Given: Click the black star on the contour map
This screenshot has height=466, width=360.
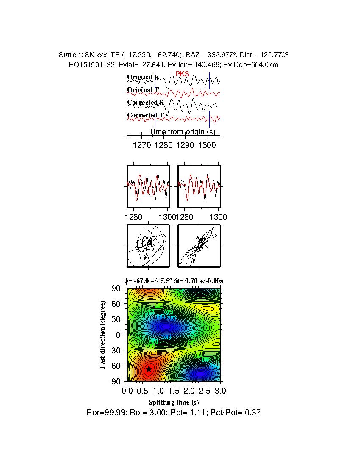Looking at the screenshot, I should (x=149, y=369).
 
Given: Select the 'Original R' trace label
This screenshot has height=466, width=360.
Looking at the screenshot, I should (x=143, y=78).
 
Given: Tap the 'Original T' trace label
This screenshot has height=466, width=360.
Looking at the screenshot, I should (x=143, y=90).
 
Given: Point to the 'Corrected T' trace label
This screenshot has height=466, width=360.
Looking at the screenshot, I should (x=145, y=115).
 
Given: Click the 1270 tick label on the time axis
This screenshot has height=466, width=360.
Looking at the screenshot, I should (x=142, y=145).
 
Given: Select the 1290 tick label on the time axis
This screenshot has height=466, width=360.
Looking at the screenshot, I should (x=185, y=145).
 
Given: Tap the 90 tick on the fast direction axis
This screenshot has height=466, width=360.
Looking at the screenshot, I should (x=116, y=288).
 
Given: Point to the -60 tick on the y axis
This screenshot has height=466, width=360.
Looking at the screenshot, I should (x=114, y=366).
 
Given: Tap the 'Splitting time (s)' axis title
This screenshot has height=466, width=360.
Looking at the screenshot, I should (x=174, y=402).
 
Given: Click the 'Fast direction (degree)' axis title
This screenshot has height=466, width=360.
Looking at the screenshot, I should (x=103, y=335).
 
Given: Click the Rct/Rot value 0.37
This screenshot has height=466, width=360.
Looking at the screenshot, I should (x=254, y=412).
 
